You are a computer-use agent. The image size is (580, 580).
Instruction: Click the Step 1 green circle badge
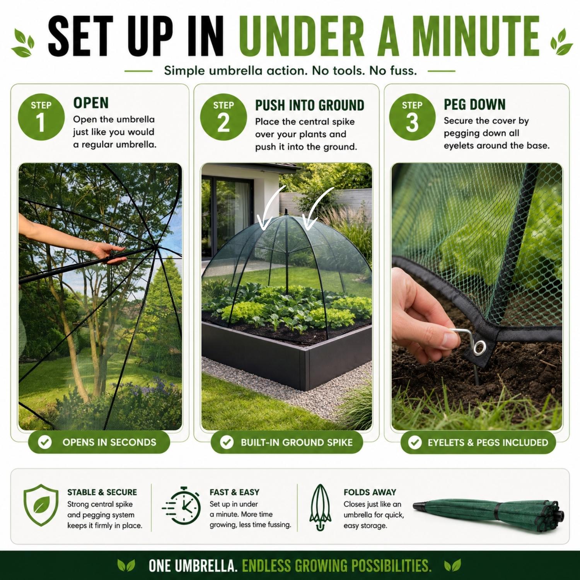[x=41, y=117]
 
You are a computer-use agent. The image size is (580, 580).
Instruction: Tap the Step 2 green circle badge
[x=223, y=117]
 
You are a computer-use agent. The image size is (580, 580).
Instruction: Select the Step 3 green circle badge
[x=412, y=117]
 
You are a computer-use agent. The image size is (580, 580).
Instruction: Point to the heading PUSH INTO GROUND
[x=310, y=105]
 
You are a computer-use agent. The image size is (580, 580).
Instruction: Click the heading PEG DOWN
[x=474, y=104]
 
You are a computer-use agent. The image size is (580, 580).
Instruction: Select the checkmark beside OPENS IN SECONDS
[x=45, y=442]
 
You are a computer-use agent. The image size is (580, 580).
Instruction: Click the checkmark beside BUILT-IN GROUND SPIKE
[x=227, y=442]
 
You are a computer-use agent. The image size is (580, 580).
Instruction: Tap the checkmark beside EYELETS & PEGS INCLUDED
[x=415, y=442]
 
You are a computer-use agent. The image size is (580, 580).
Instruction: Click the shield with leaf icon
[x=41, y=505]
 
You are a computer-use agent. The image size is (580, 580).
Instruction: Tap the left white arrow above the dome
[x=271, y=207]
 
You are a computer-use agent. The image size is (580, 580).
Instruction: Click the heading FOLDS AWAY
[x=370, y=492]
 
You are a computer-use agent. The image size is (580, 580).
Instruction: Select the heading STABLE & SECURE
[x=102, y=492]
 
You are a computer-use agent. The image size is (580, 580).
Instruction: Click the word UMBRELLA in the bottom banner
[x=205, y=566]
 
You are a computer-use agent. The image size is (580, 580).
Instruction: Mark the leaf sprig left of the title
[x=23, y=43]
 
